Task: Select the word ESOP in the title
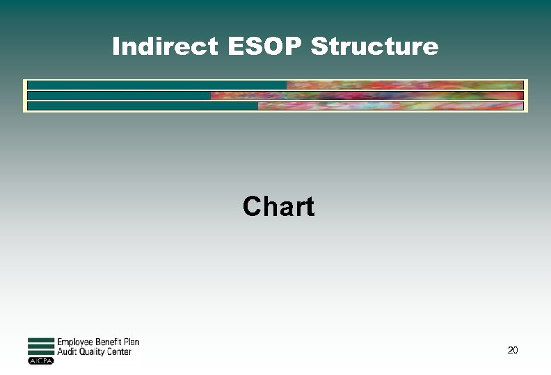pyautogui.click(x=261, y=47)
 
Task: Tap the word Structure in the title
pyautogui.click(x=374, y=47)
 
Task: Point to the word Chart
pyautogui.click(x=278, y=206)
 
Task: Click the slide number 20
pyautogui.click(x=513, y=350)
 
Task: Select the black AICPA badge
pyautogui.click(x=40, y=361)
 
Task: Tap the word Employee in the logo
pyautogui.click(x=77, y=342)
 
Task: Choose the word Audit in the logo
pyautogui.click(x=66, y=352)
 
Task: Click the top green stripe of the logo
pyautogui.click(x=40, y=340)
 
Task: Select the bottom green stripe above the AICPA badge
pyautogui.click(x=40, y=353)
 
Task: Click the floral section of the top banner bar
pyautogui.click(x=404, y=85)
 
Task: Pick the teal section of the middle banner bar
pyautogui.click(x=118, y=95)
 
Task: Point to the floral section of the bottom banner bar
pyautogui.click(x=390, y=106)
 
